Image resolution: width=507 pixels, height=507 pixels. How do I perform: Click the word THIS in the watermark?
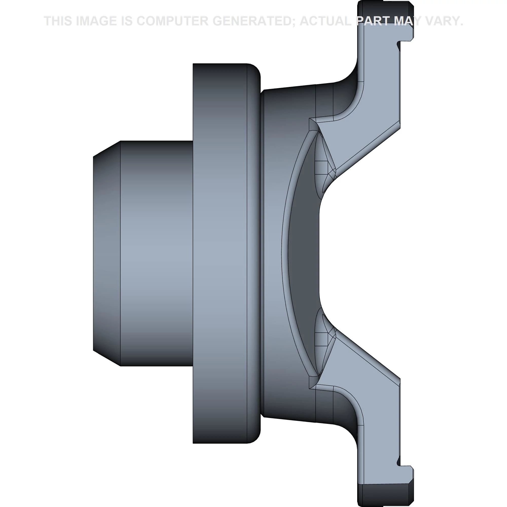[58, 21]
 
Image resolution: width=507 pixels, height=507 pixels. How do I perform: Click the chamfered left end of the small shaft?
[106, 253]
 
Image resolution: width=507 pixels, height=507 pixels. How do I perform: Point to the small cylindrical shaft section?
[156, 253]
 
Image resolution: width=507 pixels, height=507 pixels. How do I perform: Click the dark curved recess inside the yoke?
[304, 253]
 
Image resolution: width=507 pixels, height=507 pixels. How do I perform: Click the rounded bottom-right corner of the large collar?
[255, 437]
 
